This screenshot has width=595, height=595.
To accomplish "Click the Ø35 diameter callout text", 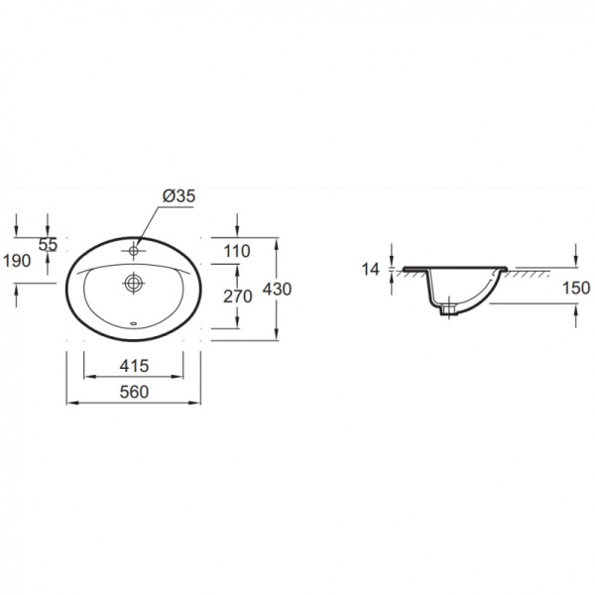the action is (x=178, y=196).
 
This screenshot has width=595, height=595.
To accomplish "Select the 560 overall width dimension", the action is (x=134, y=392).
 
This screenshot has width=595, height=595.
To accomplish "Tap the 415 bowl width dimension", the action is (x=134, y=366).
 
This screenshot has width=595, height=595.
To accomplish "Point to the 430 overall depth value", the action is (x=277, y=290).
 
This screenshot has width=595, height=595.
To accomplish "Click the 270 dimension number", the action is (x=238, y=297).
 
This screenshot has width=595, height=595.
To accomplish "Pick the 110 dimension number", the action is (x=237, y=251).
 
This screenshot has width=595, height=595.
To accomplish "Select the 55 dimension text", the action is (x=49, y=244).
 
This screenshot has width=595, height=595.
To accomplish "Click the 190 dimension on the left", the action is (x=17, y=261).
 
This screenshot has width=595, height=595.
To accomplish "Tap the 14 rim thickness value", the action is (x=370, y=270).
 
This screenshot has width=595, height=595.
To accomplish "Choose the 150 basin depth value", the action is (x=576, y=288).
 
